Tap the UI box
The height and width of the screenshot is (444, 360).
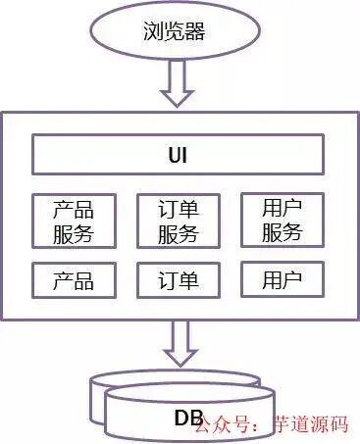coord(179,156)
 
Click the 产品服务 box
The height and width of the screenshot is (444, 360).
coord(74,221)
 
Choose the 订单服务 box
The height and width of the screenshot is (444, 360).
coord(178,221)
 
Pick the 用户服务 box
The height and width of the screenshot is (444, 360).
coord(283,221)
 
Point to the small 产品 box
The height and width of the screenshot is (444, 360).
coord(74,281)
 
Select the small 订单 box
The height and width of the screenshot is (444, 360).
coord(178,281)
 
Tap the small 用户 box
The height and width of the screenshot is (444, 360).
coord(283,281)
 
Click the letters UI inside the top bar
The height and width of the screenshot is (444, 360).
coord(179,156)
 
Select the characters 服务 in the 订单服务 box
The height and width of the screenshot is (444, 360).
coord(178,233)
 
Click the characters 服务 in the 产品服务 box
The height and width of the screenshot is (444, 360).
coord(74,233)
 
